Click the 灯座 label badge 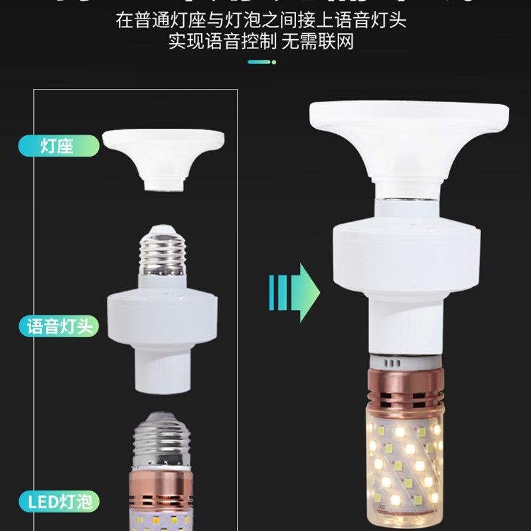58,146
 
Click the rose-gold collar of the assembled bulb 404,387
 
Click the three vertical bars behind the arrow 279,292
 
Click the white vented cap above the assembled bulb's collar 402,360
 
